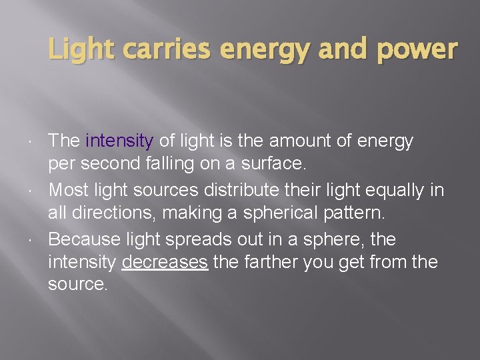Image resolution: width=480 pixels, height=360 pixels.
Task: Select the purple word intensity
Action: click(x=120, y=141)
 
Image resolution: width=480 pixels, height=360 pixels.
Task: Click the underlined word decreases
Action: click(x=165, y=263)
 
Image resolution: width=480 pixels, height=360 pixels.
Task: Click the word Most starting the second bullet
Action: click(x=69, y=189)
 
